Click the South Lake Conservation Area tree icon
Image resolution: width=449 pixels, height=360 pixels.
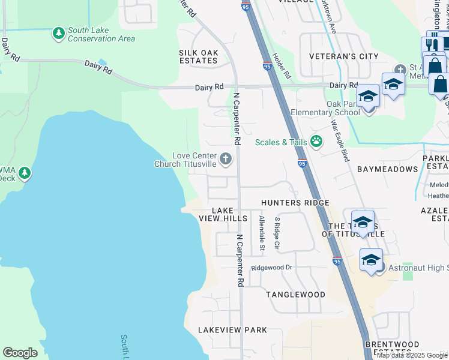(x=58, y=32)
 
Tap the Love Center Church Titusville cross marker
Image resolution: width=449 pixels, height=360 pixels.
(x=226, y=159)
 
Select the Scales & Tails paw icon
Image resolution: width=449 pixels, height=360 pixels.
(x=316, y=142)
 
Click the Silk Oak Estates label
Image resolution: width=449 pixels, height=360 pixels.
(x=198, y=56)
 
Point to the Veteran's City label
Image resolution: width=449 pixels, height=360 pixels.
(x=343, y=56)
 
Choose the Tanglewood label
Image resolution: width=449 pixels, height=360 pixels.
(x=296, y=295)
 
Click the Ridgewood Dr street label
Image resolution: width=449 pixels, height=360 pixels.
(x=271, y=267)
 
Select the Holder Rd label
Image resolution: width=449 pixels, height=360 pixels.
(x=281, y=67)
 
